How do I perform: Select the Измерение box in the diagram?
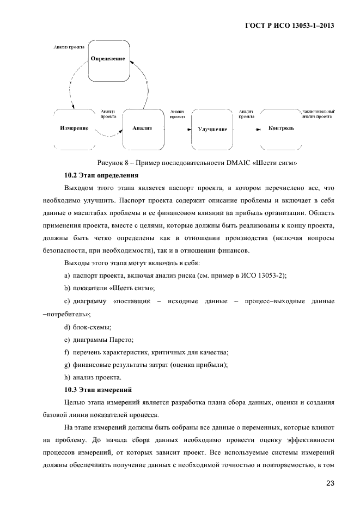click(x=74, y=128)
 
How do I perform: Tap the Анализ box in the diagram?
click(x=142, y=128)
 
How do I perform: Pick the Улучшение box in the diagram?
click(x=212, y=130)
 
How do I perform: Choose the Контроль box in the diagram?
click(x=281, y=128)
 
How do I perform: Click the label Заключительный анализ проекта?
click(x=318, y=113)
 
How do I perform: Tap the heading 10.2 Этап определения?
click(x=101, y=175)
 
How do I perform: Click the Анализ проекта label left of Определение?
click(x=69, y=47)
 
